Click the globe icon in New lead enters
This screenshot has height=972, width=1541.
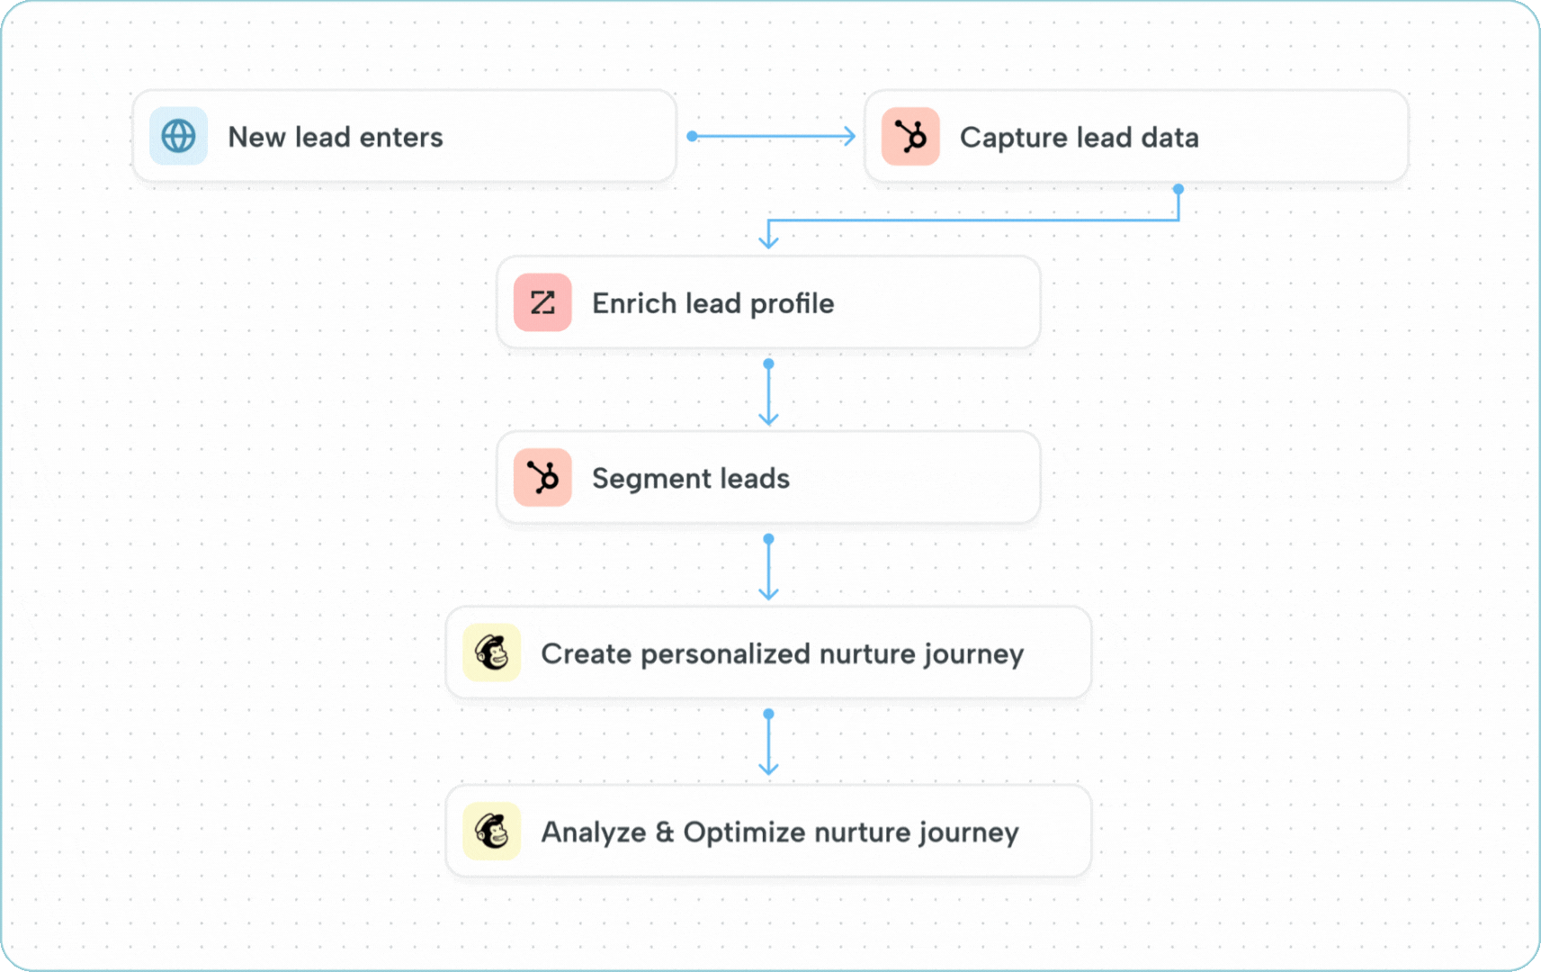(x=178, y=137)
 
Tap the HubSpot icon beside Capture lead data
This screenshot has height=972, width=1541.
(x=910, y=137)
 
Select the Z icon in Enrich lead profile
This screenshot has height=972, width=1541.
(x=542, y=302)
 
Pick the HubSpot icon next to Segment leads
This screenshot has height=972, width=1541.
(x=542, y=477)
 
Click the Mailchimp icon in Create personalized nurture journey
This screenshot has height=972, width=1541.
(x=491, y=652)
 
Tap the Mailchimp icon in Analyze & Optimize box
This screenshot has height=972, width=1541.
(x=491, y=831)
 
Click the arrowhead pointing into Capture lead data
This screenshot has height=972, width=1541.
(x=848, y=136)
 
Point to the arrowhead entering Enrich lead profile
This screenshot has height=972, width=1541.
(x=768, y=240)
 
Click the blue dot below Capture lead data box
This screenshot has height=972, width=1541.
(x=1178, y=189)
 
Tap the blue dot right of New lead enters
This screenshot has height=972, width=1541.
(x=692, y=136)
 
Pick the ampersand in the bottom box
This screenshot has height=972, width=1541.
(x=665, y=832)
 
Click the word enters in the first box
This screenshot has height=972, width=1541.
(x=401, y=137)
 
